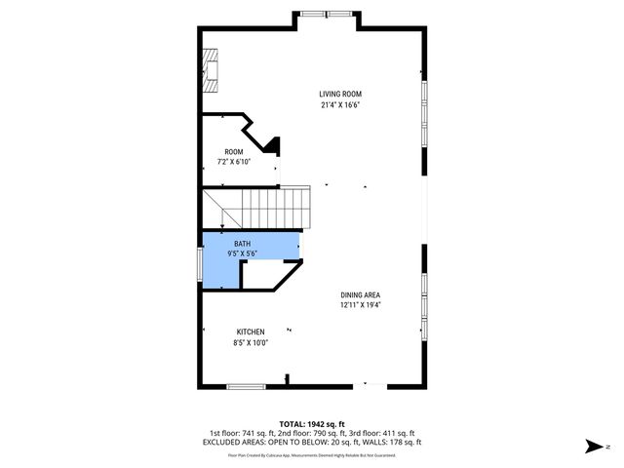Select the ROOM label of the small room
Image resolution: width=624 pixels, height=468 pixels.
tap(234, 151)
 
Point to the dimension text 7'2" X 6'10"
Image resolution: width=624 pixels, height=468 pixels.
tap(234, 162)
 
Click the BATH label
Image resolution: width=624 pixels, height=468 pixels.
tap(240, 243)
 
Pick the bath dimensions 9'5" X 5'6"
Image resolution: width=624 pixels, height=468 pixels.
tap(240, 253)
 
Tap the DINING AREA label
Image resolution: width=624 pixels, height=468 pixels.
tap(360, 294)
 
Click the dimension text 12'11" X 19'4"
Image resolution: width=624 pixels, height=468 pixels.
tap(360, 305)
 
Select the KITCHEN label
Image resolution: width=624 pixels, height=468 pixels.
tap(250, 331)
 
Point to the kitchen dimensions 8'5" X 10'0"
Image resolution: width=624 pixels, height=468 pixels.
tap(250, 342)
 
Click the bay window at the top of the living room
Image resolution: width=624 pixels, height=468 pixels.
tap(313, 14)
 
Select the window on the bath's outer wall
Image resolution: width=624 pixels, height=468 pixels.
tap(201, 264)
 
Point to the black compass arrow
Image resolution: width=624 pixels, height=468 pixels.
tap(592, 447)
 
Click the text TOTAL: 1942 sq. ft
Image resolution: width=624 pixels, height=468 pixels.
tap(312, 424)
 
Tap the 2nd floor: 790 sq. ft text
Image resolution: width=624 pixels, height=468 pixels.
tap(312, 433)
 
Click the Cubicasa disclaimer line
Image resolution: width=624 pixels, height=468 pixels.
tap(312, 454)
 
